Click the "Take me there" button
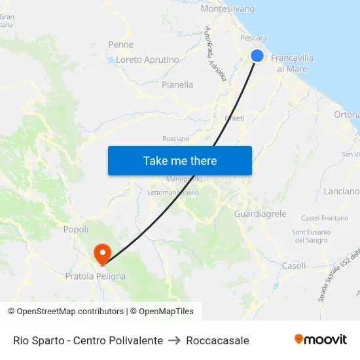click(x=180, y=160)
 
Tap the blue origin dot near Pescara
click(x=257, y=56)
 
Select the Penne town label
click(x=121, y=45)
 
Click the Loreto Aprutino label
click(x=147, y=60)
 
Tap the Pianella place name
click(x=177, y=84)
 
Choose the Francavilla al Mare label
click(x=292, y=63)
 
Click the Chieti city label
click(x=234, y=118)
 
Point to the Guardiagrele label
click(x=260, y=213)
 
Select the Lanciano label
click(x=341, y=191)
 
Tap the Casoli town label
click(x=293, y=266)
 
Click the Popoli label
click(x=76, y=229)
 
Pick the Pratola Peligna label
click(x=96, y=276)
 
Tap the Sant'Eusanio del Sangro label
click(x=312, y=236)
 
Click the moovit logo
click(x=321, y=340)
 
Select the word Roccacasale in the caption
click(x=217, y=340)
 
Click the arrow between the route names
click(x=174, y=340)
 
